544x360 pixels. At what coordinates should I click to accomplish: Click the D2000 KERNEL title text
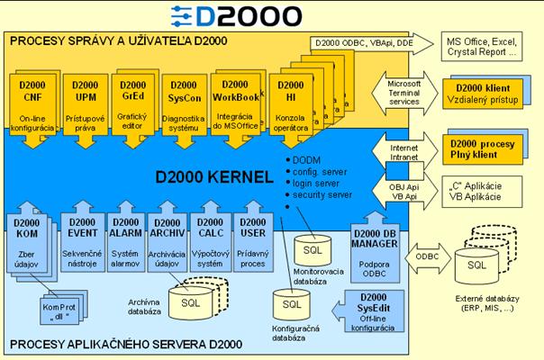(x=204, y=176)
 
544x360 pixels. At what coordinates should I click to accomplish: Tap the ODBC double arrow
(x=420, y=256)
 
